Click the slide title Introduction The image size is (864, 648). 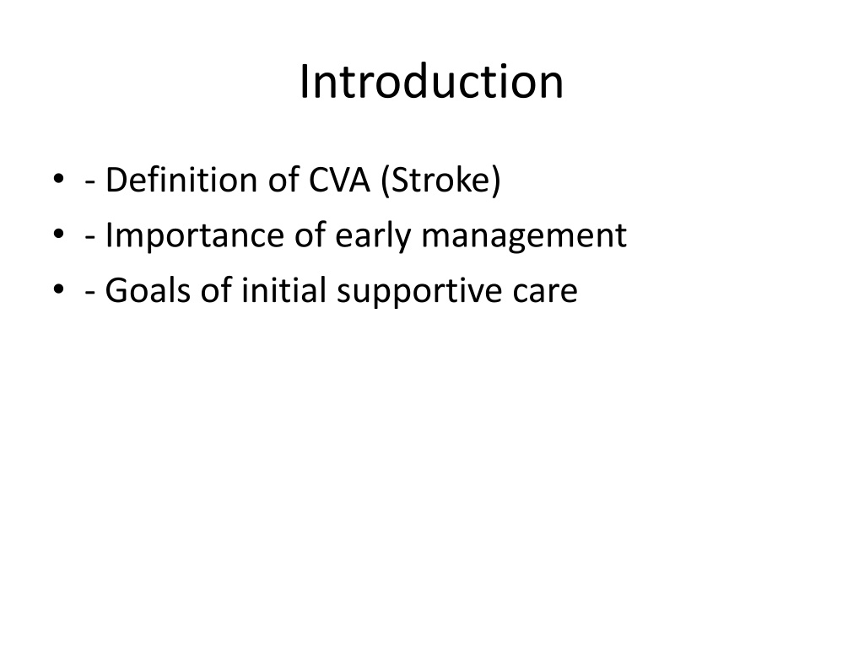click(431, 82)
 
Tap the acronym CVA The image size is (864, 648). click(339, 181)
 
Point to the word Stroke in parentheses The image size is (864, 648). click(440, 181)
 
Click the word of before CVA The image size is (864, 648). click(283, 180)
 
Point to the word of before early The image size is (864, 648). click(310, 235)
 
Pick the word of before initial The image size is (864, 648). click(216, 290)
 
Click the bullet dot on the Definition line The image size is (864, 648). click(58, 179)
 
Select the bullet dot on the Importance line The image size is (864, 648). click(58, 234)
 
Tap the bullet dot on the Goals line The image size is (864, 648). click(58, 289)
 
